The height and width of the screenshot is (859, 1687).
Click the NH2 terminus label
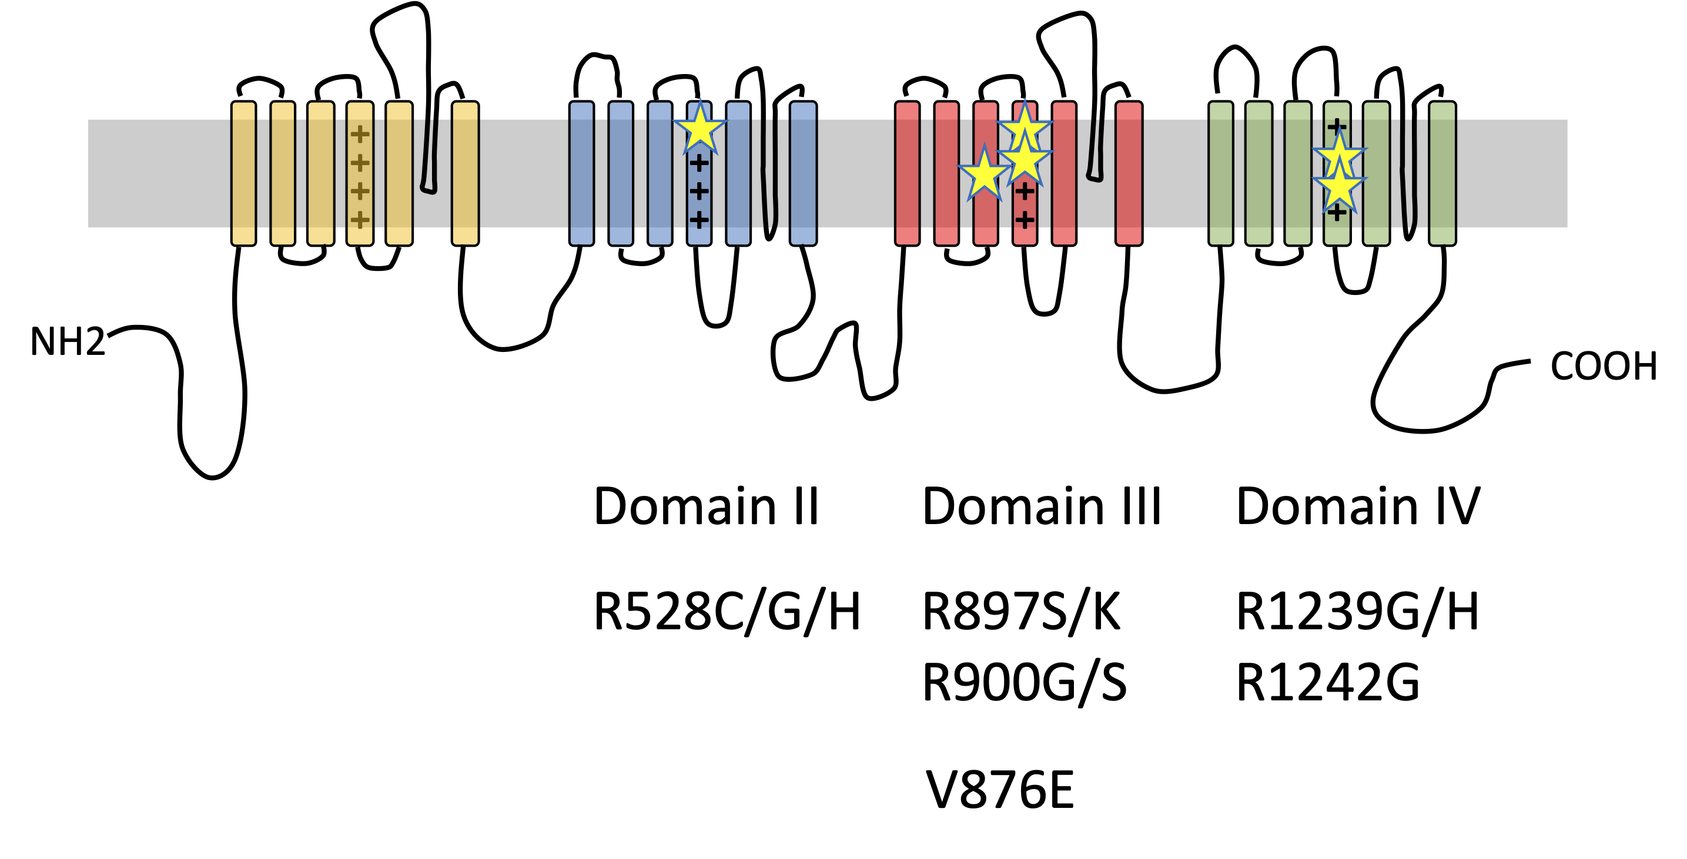point(68,342)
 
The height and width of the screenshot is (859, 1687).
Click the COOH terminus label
point(1603,366)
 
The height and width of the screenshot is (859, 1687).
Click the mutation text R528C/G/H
point(727,612)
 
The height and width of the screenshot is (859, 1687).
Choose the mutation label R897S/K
point(1021,612)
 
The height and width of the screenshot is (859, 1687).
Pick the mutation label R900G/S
point(1024,683)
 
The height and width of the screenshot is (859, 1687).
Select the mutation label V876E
point(1000,790)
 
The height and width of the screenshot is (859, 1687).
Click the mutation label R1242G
point(1327,683)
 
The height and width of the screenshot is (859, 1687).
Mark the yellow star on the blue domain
point(700,129)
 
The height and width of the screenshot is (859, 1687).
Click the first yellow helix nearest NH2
point(243,173)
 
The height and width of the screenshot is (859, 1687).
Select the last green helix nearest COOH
point(1442,173)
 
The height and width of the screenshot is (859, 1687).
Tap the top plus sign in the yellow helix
point(360,134)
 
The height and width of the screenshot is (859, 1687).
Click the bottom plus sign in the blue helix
point(699,219)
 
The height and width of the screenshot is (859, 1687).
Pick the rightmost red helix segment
point(1129,173)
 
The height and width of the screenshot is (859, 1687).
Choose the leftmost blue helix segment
point(581,173)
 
